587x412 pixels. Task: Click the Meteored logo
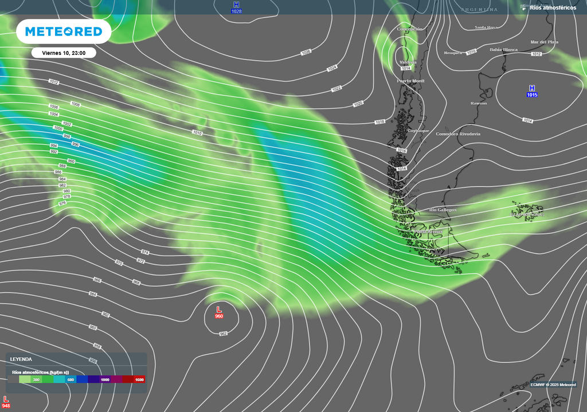tap(64, 31)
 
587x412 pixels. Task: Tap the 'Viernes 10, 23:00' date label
tap(64, 53)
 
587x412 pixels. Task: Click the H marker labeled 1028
tap(236, 7)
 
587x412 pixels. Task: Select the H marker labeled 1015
tap(532, 90)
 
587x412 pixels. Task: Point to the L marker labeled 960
tap(218, 312)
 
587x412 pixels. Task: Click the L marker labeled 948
tap(6, 402)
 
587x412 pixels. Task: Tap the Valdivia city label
tap(408, 62)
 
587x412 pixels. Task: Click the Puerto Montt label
tap(411, 81)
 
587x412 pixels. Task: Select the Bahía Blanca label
tap(503, 50)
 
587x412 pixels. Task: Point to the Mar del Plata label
tap(544, 42)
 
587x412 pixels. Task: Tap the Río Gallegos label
tap(443, 210)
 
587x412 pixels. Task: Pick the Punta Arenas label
tap(428, 232)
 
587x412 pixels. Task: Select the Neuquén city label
tap(453, 53)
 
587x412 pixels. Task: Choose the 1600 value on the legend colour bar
tap(139, 379)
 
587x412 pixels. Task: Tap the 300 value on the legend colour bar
tap(37, 379)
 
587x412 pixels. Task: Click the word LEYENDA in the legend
tap(21, 359)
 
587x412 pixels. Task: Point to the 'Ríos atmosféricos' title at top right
tap(553, 7)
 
